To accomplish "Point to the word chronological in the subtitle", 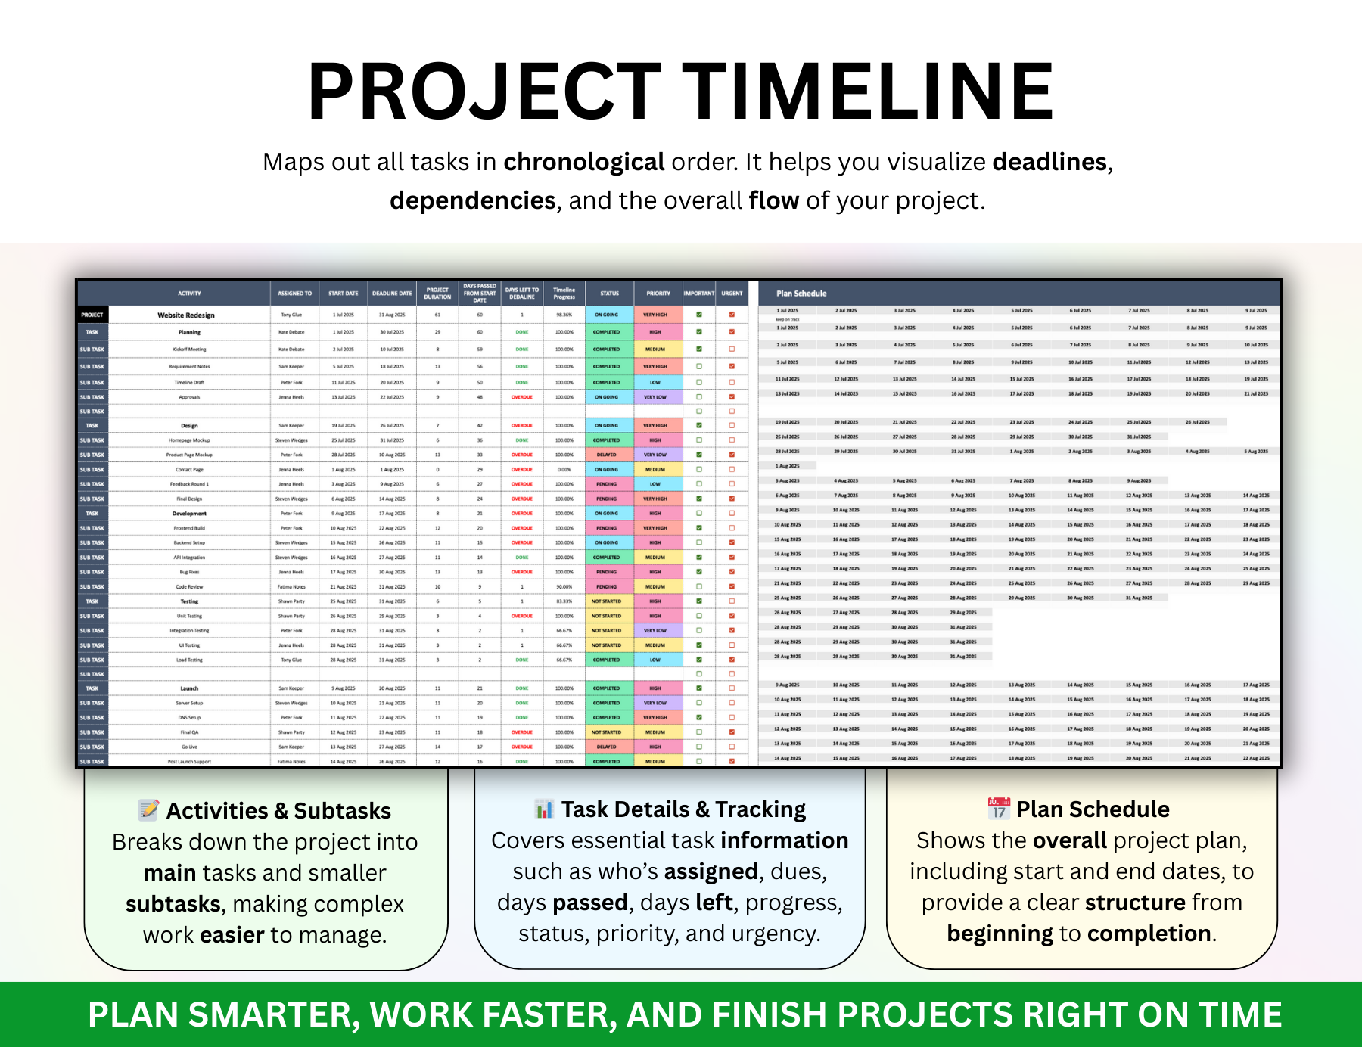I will point(583,162).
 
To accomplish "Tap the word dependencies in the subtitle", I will point(472,200).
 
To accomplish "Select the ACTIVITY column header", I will point(189,294).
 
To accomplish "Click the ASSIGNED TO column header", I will point(294,294).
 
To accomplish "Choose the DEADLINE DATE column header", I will point(392,294).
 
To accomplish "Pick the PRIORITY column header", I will point(658,294).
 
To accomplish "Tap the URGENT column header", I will point(732,294).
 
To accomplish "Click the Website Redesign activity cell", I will point(186,315).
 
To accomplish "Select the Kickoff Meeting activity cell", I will point(189,350).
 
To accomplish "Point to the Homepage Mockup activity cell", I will point(189,440).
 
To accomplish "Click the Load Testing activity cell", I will point(189,660).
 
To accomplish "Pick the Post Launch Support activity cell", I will point(189,762).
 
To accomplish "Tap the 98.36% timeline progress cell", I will point(564,315).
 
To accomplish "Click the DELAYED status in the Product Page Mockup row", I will point(606,455).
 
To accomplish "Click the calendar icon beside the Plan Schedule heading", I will point(999,809).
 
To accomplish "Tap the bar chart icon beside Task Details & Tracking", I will point(543,809).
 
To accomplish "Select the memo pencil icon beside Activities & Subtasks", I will point(149,810).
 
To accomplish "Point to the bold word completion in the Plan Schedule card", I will point(1149,934).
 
